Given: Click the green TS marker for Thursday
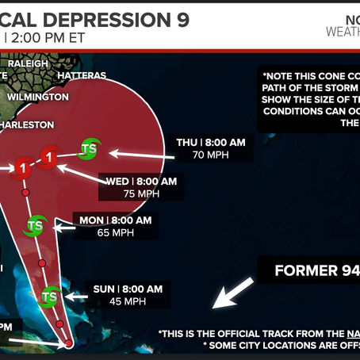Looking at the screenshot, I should point(89,147).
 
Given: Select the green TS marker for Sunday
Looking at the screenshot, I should point(50,297).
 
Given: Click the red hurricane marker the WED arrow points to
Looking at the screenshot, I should point(50,157).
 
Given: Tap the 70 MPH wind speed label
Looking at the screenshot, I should point(210,155).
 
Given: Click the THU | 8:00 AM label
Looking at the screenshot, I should point(209,143).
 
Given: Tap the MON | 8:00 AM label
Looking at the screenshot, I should point(116,220).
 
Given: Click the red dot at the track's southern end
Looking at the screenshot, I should point(69,343).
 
